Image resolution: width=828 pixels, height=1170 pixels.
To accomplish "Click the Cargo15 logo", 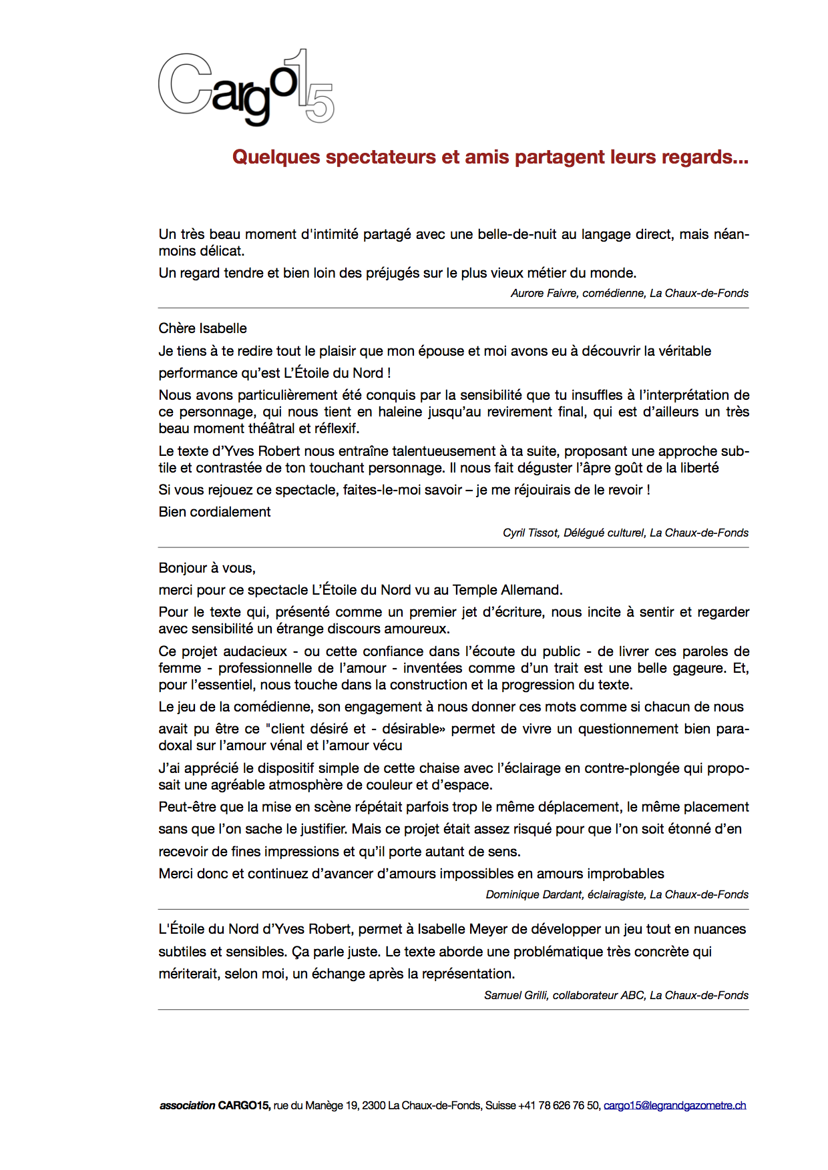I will (246, 87).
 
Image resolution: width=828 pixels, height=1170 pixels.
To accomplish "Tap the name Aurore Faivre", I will (544, 293).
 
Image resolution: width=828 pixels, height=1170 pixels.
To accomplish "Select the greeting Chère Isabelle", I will (202, 328).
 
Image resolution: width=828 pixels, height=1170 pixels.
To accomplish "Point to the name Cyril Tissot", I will (530, 533).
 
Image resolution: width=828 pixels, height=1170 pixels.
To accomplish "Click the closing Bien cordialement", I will (214, 512).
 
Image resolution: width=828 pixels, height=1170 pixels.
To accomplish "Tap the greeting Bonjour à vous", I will (207, 568).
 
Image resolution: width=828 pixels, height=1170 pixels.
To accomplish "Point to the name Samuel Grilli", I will (515, 995).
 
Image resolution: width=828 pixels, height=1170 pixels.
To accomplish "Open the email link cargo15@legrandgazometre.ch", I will (674, 1105).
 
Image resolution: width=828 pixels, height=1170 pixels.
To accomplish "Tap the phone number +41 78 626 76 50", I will (559, 1105).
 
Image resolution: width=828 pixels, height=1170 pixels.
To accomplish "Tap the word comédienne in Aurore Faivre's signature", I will (613, 293).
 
